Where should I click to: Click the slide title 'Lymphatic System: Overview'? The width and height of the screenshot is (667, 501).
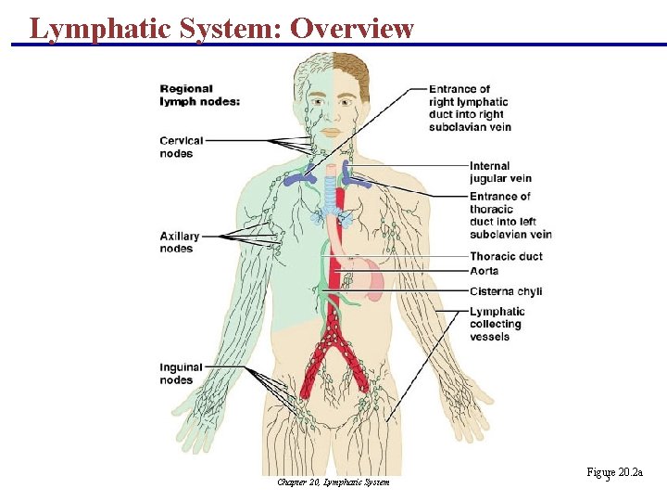[x=221, y=28]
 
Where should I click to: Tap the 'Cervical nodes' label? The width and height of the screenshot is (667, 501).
[x=182, y=147]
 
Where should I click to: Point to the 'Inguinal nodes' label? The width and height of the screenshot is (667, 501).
[x=176, y=373]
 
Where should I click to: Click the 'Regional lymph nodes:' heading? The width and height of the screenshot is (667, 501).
[x=199, y=95]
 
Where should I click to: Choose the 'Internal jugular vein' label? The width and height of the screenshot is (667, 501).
[x=500, y=173]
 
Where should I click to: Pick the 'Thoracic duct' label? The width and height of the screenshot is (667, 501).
[x=506, y=257]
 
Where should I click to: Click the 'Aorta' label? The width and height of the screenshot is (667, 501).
[x=484, y=271]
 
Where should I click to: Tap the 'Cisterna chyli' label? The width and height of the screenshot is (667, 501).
[x=505, y=291]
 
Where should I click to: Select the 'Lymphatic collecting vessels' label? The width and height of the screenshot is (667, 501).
[x=497, y=324]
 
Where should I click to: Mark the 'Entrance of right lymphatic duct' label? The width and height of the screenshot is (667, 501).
[x=470, y=108]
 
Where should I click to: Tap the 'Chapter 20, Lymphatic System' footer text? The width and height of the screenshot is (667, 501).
[x=333, y=482]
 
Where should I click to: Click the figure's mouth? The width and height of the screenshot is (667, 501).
[x=331, y=132]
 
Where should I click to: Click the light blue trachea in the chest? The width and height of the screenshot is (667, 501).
[x=332, y=195]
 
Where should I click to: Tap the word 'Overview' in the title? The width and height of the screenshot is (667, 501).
[x=352, y=28]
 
